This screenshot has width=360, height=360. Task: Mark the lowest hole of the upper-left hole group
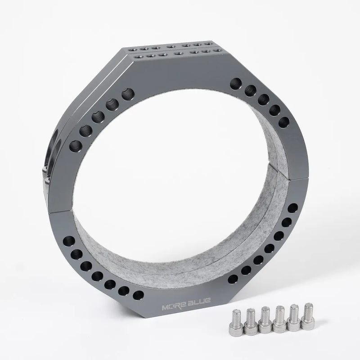point(76,146)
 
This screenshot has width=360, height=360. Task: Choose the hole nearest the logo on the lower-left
point(139,295)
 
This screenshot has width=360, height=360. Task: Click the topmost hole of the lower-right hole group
point(292,208)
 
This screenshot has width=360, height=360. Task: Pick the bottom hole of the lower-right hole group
point(233,279)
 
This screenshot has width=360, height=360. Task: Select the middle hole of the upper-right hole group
point(263,99)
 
